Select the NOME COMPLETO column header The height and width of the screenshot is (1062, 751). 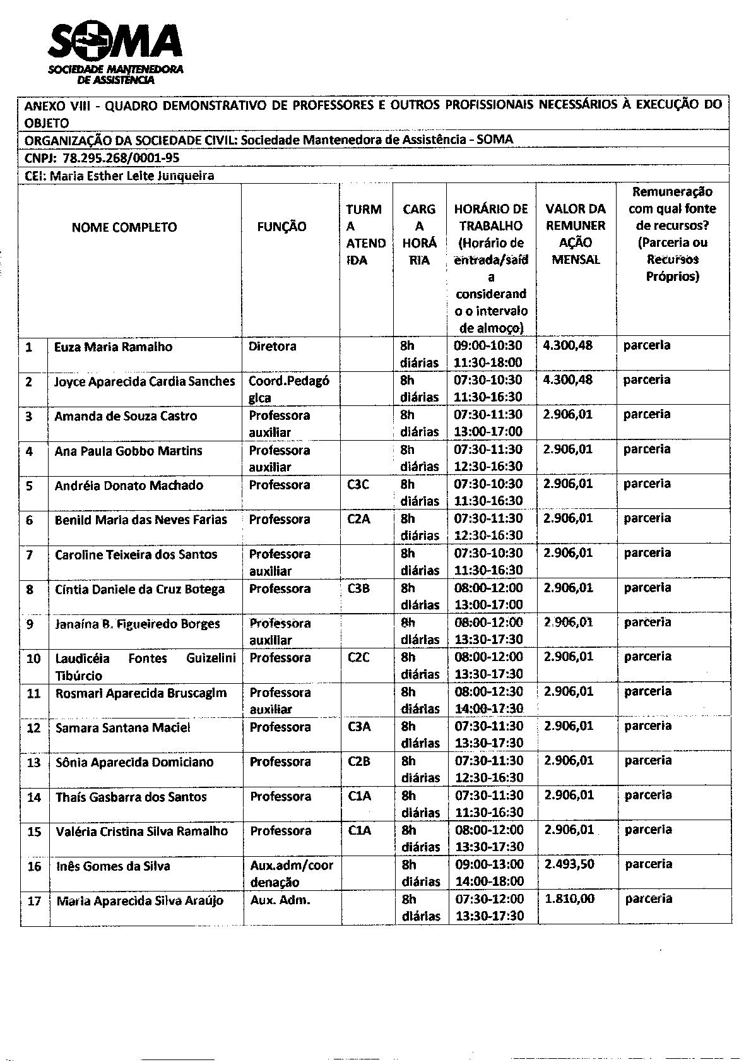pyautogui.click(x=124, y=227)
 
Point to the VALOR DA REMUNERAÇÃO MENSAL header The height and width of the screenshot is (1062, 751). pyautogui.click(x=575, y=234)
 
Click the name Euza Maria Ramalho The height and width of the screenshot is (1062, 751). pyautogui.click(x=113, y=347)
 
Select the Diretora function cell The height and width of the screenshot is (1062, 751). pyautogui.click(x=272, y=347)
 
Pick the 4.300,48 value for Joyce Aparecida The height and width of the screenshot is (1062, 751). pyautogui.click(x=567, y=380)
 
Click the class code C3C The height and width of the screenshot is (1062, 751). pyautogui.click(x=358, y=485)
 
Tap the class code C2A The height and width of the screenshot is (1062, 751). pyautogui.click(x=358, y=520)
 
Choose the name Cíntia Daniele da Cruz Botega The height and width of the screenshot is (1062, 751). pyautogui.click(x=139, y=589)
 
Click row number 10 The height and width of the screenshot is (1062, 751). pyautogui.click(x=33, y=659)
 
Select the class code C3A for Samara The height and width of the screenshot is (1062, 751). pyautogui.click(x=359, y=727)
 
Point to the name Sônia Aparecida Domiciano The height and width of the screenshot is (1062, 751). pyautogui.click(x=134, y=762)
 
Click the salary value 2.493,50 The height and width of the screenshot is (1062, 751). pyautogui.click(x=569, y=864)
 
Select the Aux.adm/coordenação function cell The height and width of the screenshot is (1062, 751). pyautogui.click(x=291, y=873)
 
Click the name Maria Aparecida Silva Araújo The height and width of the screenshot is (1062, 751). pyautogui.click(x=139, y=901)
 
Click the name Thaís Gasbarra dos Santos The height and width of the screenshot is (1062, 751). pyautogui.click(x=131, y=797)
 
